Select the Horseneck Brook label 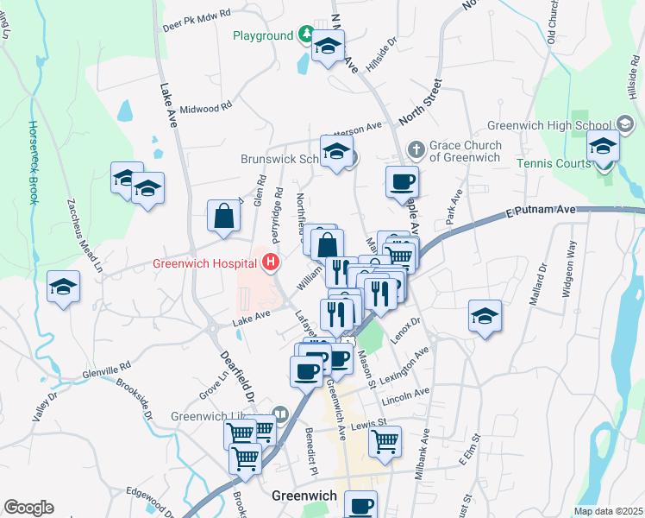[33, 161]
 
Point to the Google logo [28, 508]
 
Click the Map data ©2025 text [608, 511]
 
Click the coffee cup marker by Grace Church [402, 181]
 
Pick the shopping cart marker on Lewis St [385, 441]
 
